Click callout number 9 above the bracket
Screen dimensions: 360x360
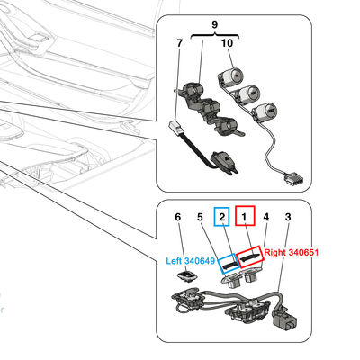[x=214, y=24]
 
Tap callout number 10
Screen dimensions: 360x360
[x=227, y=43]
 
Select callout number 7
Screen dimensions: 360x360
[x=179, y=43]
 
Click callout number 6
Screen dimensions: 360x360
[x=178, y=217]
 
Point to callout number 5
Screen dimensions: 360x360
[x=200, y=217]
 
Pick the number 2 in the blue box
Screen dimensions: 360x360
[x=222, y=217]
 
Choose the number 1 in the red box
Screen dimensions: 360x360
[x=245, y=217]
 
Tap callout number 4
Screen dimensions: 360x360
[x=266, y=217]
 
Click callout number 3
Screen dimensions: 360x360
[x=288, y=217]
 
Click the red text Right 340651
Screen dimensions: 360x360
[x=291, y=253]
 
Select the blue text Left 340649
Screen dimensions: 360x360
[x=191, y=261]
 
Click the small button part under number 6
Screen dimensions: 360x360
[x=186, y=276]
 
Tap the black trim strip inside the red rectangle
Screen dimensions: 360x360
[x=249, y=257]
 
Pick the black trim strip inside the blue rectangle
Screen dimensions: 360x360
[x=229, y=264]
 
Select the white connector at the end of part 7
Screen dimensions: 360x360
[x=176, y=128]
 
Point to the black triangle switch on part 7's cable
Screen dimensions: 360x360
[x=221, y=160]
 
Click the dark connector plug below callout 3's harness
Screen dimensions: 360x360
[x=284, y=321]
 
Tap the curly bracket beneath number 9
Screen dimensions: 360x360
[x=215, y=36]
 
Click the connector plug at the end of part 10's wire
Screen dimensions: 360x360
[x=293, y=180]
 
